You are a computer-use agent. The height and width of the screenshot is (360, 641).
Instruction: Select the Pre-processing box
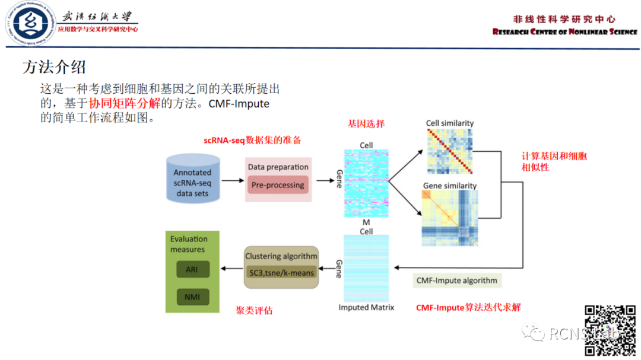pyautogui.click(x=278, y=184)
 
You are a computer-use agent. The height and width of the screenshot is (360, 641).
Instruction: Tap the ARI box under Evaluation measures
pyautogui.click(x=192, y=270)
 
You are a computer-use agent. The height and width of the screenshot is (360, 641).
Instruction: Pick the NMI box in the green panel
pyautogui.click(x=192, y=297)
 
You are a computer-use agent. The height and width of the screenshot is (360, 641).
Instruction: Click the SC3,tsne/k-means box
pyautogui.click(x=281, y=272)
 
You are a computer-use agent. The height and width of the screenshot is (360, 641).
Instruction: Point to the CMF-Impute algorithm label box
pyautogui.click(x=456, y=280)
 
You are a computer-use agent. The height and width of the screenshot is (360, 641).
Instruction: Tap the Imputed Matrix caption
pyautogui.click(x=366, y=307)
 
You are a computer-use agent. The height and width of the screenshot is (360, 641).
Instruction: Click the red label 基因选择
pyautogui.click(x=366, y=123)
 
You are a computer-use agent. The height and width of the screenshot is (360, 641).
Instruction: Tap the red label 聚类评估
pyautogui.click(x=254, y=310)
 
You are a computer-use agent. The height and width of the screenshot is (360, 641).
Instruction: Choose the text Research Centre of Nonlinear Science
pyautogui.click(x=564, y=32)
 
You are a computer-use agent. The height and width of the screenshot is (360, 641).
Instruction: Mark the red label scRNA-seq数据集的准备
pyautogui.click(x=252, y=141)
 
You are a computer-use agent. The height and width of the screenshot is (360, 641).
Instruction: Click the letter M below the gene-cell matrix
pyautogui.click(x=366, y=222)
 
